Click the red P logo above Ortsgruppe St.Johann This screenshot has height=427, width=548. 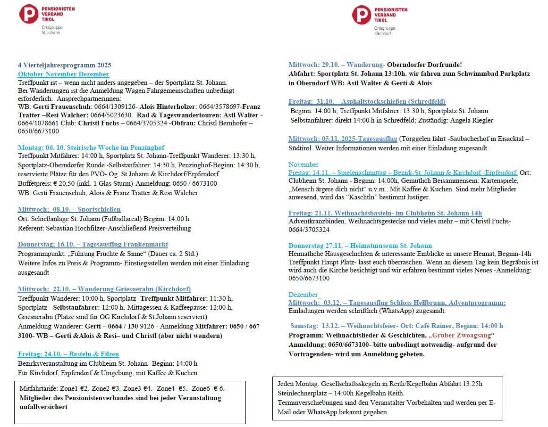(x=28, y=14)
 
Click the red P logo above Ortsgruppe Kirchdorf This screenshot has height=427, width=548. (x=361, y=15)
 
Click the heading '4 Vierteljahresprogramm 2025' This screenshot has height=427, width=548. (x=64, y=65)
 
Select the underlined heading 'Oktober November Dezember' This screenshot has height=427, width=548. (x=63, y=74)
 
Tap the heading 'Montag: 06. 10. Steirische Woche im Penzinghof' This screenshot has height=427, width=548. (x=91, y=148)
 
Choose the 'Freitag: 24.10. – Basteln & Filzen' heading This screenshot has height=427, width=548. (x=68, y=354)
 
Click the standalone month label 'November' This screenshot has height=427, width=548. (x=304, y=164)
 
